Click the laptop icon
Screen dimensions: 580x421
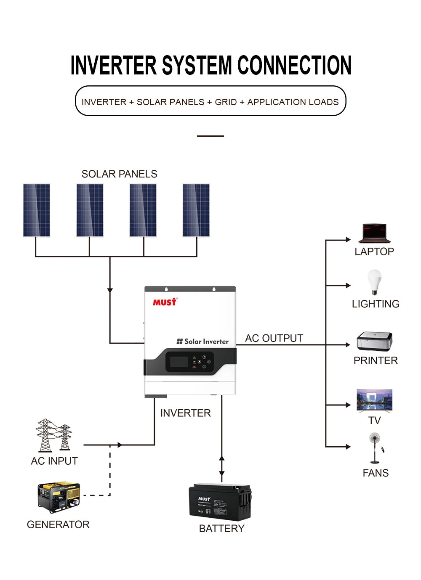(374, 233)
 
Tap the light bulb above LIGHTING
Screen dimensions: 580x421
(374, 281)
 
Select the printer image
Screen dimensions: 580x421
(374, 341)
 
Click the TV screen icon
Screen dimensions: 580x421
(374, 400)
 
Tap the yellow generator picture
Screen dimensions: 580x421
(59, 497)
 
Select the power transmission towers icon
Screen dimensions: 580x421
(53, 435)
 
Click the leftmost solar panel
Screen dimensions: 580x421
(37, 210)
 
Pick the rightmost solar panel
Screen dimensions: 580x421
(196, 210)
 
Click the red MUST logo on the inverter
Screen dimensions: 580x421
(165, 302)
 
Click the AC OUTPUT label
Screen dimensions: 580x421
(274, 338)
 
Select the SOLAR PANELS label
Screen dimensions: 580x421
(119, 174)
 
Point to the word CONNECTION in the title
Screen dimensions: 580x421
(294, 66)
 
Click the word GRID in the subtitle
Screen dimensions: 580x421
(226, 102)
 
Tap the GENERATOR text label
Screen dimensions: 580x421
(58, 524)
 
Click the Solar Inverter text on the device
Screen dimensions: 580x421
(203, 342)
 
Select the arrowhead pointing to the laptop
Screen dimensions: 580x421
(348, 240)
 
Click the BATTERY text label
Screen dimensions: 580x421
(221, 529)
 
